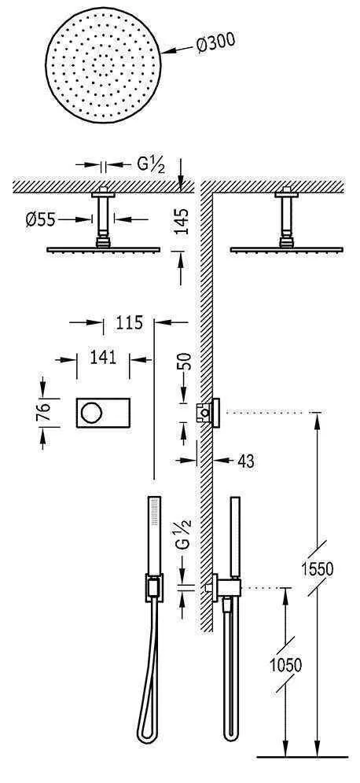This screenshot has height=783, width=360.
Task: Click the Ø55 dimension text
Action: pos(61,221)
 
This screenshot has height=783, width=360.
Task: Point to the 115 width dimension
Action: pos(129,322)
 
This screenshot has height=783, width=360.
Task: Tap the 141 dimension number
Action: pos(103,358)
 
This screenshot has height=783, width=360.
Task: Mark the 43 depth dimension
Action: pos(245,461)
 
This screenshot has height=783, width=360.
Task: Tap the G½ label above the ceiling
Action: pos(149,165)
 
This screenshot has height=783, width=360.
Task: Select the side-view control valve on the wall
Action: pos(208,412)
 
